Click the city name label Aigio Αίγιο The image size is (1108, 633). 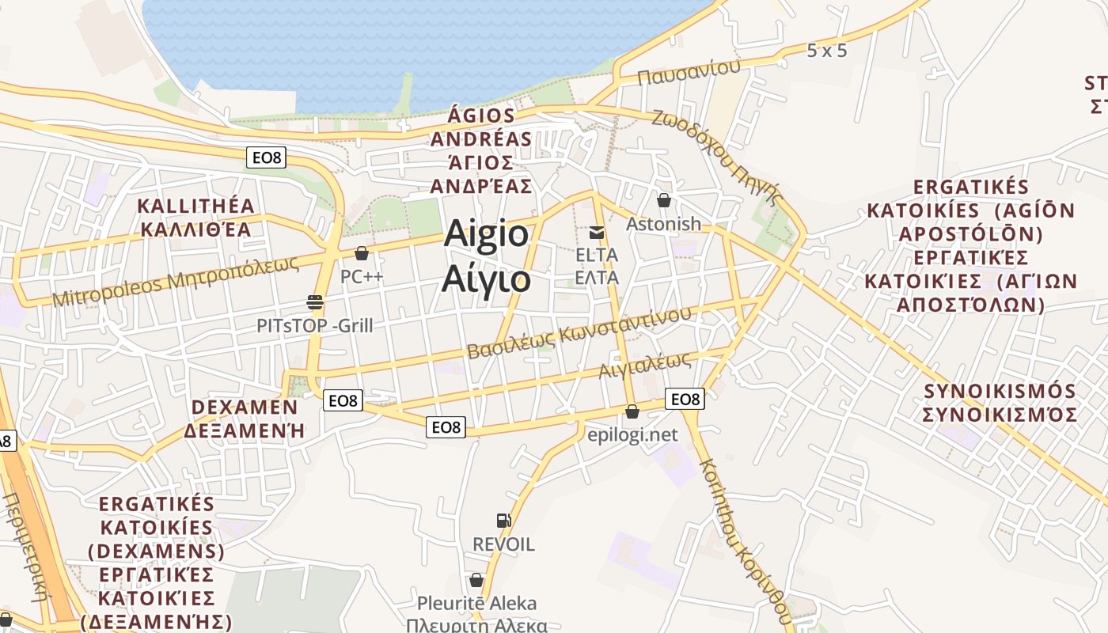tap(487, 255)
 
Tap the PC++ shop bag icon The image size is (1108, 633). tap(362, 254)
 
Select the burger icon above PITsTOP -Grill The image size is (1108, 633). tap(315, 301)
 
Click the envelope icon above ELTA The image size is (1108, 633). tap(597, 233)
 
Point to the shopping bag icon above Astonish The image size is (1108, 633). tap(664, 201)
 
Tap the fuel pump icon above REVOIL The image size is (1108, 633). tap(503, 520)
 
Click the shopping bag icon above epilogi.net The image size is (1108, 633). tap(632, 411)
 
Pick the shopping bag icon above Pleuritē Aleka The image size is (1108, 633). tap(476, 580)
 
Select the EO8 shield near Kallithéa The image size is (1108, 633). tap(265, 157)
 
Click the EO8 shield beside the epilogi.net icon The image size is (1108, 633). tap(685, 400)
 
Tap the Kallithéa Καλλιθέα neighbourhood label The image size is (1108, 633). tap(195, 218)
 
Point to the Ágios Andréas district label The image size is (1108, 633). tap(480, 150)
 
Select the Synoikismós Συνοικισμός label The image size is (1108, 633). tap(1000, 403)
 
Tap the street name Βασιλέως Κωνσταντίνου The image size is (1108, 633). tap(579, 332)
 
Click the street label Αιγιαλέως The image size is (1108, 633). tap(645, 365)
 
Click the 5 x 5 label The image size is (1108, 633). tap(827, 51)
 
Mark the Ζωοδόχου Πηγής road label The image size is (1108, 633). tap(717, 155)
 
